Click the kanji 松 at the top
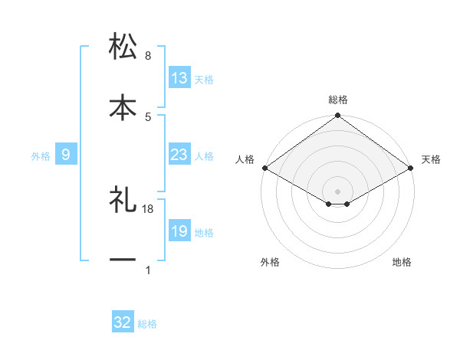pos(123,47)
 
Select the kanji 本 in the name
pos(123,107)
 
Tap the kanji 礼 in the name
pos(123,200)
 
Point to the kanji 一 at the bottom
pos(123,260)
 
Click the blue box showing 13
pos(179,78)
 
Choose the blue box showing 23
pos(179,155)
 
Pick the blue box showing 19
pos(179,231)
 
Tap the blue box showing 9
pos(66,155)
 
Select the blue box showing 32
pos(123,322)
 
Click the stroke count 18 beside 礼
pos(149,208)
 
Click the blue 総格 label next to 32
pos(147,324)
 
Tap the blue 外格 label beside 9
pos(41,156)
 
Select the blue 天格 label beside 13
pos(204,80)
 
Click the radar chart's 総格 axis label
pos(337,100)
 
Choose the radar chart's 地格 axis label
pos(402,263)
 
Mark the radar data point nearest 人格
pos(264,168)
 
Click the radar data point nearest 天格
pos(411,168)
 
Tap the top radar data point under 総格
pos(337,116)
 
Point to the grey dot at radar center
pos(337,190)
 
